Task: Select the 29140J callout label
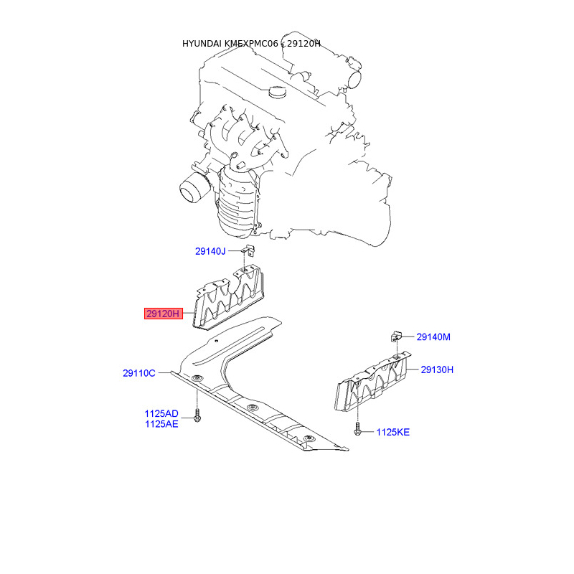tap(210, 251)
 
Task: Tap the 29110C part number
tap(139, 373)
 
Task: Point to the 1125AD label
tap(161, 414)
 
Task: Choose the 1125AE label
tap(161, 424)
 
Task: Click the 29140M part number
tap(433, 337)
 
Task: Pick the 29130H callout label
tap(437, 370)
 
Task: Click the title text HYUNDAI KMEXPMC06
tap(229, 44)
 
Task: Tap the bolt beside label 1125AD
tap(197, 415)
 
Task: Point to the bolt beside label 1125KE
tap(357, 430)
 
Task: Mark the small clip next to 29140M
tap(397, 336)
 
